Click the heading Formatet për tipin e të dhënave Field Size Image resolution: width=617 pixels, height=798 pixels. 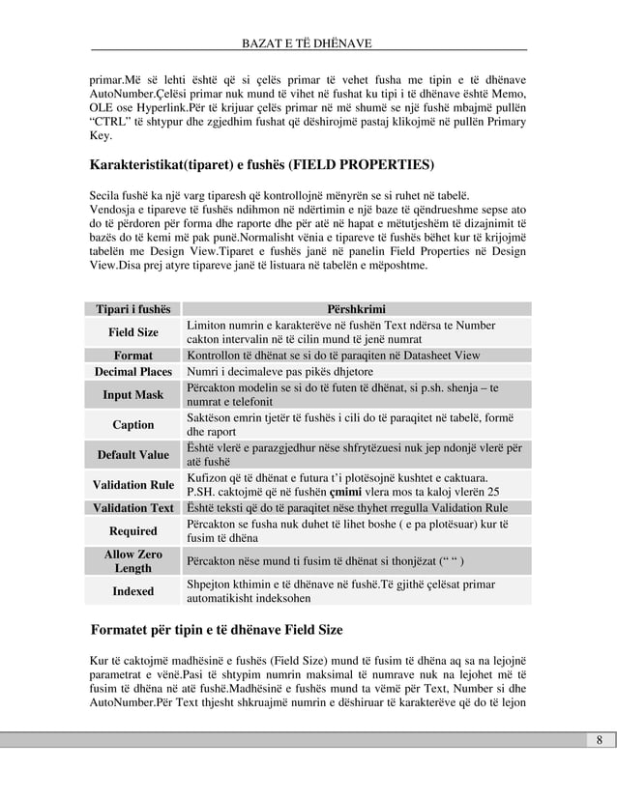217,630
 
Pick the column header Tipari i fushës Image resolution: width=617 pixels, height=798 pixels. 132,308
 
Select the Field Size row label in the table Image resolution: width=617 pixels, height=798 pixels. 132,332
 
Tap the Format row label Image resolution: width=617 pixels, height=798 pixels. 132,356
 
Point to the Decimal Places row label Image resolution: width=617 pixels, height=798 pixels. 132,371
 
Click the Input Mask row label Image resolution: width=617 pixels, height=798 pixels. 132,395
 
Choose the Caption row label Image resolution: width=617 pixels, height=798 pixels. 132,425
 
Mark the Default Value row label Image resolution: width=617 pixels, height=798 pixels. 132,455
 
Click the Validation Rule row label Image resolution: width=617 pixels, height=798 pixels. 132,485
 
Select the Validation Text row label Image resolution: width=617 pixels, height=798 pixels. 132,508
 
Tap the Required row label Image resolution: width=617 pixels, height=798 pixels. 132,531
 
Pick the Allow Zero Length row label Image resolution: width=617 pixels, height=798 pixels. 132,561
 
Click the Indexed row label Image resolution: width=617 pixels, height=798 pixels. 132,591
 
